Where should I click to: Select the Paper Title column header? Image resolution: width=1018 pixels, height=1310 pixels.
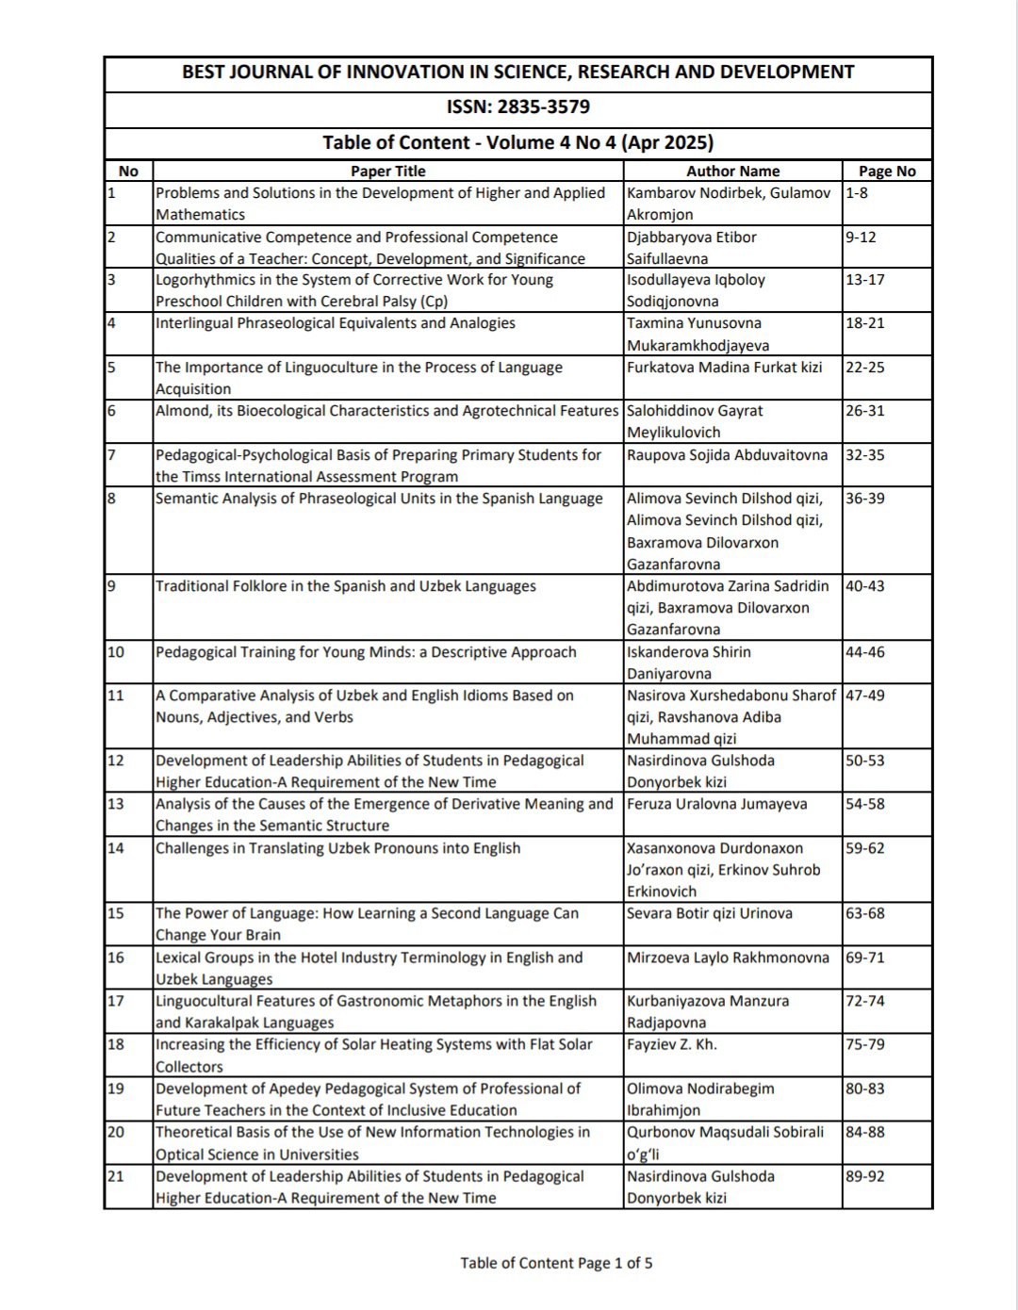387,171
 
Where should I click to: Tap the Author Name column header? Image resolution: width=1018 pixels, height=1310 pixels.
732,171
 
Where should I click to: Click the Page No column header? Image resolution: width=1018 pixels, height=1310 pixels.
886,171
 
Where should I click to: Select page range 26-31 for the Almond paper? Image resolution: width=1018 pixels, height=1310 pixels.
864,411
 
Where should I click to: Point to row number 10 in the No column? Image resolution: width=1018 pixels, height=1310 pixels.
116,652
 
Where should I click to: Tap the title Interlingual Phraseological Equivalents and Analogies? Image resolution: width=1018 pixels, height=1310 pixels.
335,323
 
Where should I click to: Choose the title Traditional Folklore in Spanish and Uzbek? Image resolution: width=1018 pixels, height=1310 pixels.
345,586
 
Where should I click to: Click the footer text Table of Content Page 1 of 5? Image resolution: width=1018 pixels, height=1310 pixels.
556,1263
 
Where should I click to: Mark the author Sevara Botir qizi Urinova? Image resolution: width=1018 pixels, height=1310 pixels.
709,913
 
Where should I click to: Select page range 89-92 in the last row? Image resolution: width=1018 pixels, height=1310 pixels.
864,1176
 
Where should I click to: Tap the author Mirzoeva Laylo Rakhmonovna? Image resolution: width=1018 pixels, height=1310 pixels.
728,958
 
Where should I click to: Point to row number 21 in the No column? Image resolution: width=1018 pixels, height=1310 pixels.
116,1176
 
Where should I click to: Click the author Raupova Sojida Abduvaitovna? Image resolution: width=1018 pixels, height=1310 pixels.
727,455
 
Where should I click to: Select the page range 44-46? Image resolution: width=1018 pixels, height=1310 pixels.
864,652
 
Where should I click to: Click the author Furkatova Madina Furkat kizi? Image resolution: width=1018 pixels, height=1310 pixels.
724,368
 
